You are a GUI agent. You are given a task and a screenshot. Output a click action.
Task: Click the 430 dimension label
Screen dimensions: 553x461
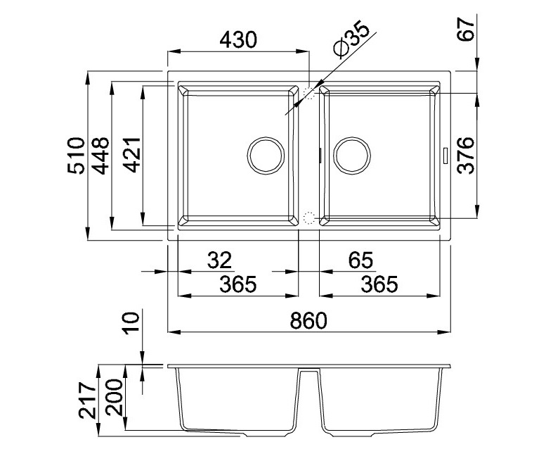(238, 39)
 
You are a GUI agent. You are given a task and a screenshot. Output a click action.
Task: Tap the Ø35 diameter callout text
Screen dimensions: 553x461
(351, 40)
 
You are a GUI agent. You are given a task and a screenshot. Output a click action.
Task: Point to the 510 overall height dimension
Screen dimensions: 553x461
(77, 155)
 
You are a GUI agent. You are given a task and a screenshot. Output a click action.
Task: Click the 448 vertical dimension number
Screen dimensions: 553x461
(100, 156)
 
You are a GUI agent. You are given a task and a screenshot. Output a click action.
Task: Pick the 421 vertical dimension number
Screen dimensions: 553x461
(133, 155)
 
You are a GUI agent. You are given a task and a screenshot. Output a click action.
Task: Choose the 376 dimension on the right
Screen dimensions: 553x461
(466, 155)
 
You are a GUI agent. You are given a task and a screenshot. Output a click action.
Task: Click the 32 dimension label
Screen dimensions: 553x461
(219, 260)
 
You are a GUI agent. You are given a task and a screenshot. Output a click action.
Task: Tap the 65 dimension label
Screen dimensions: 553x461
(360, 260)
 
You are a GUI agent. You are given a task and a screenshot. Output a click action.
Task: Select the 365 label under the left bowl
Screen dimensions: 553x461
(238, 284)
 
